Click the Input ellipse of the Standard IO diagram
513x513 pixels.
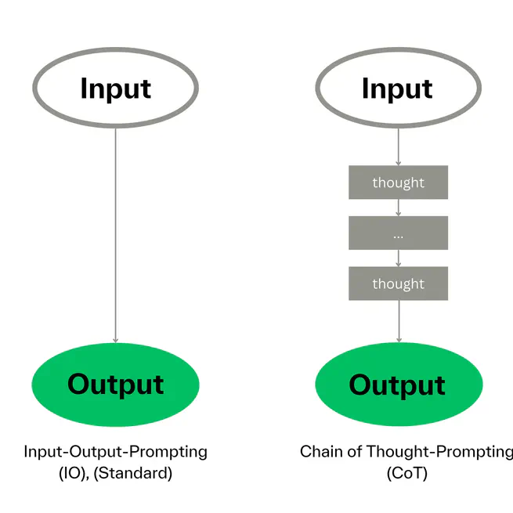point(115,89)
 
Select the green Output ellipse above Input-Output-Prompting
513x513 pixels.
point(115,384)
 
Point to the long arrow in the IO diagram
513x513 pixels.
point(115,235)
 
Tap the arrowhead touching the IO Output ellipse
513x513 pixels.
point(115,340)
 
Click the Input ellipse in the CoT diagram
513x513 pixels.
point(397,89)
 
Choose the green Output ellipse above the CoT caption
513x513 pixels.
point(397,385)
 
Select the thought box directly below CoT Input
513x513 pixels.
point(398,182)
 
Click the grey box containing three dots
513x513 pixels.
point(398,233)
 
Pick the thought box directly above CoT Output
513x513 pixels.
point(398,284)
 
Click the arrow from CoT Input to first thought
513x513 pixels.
point(398,146)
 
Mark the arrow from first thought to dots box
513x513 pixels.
point(398,208)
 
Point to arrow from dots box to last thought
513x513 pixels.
point(398,258)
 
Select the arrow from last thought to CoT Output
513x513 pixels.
point(398,321)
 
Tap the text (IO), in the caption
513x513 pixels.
point(76,473)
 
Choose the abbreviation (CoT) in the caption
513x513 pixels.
point(406,473)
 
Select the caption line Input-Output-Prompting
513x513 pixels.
point(115,452)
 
